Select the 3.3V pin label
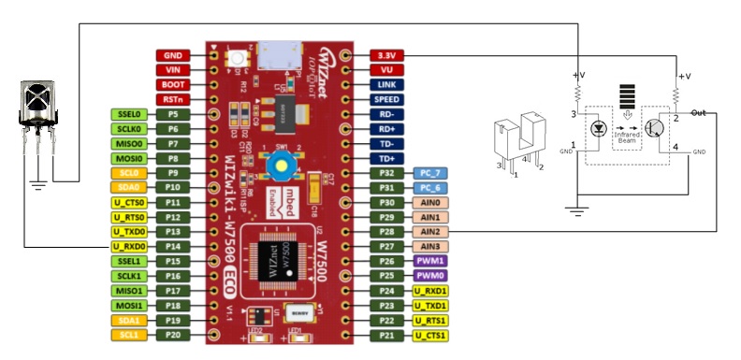386,55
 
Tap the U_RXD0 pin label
126,246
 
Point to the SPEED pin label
386,99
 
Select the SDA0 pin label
126,187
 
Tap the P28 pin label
386,231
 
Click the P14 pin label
172,246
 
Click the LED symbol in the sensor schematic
600,128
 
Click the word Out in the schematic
698,112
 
